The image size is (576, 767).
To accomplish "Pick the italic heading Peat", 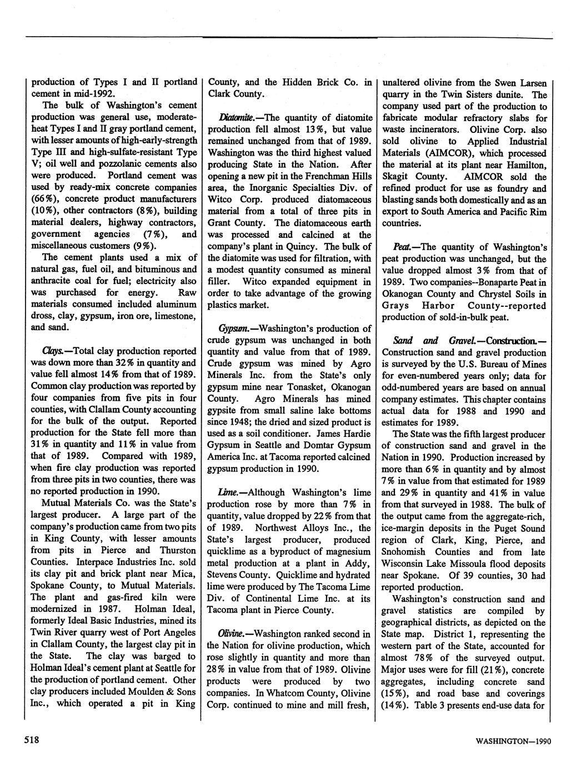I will pos(401,247).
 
